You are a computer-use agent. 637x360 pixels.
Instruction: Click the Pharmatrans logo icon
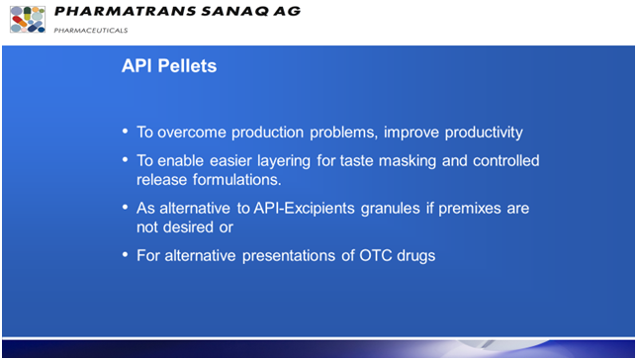pos(28,19)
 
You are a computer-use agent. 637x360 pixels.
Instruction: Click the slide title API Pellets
pos(168,67)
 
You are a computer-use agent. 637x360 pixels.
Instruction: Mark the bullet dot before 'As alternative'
pos(125,208)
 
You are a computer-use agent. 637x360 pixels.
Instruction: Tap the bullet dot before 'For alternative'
pos(125,255)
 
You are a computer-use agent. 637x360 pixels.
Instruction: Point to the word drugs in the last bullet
pos(416,255)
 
